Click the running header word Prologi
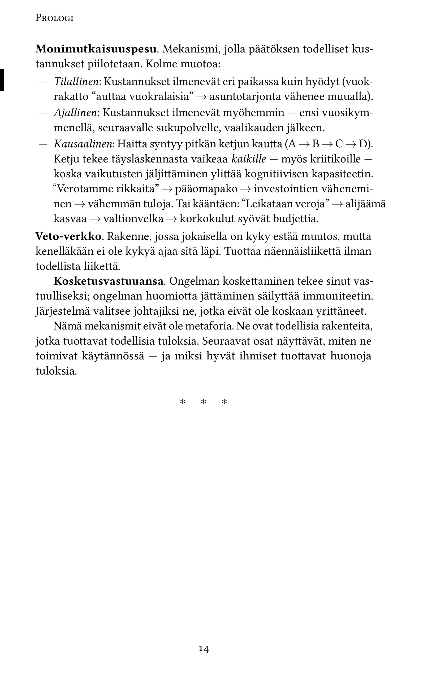point(55,19)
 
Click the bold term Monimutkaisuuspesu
point(96,50)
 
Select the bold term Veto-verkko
point(68,237)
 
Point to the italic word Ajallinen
point(76,113)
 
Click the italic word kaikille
point(249,159)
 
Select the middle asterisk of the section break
point(204,403)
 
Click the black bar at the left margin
point(2,80)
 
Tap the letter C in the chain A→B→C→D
point(339,144)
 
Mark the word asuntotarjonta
point(245,97)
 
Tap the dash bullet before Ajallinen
point(43,113)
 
